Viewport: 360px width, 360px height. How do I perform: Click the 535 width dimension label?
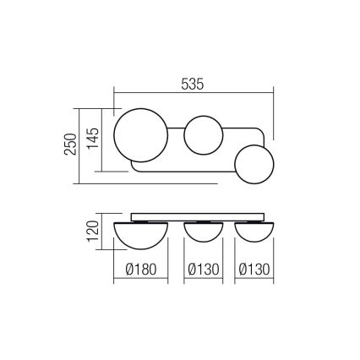(194, 83)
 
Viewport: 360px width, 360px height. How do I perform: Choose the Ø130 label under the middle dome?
(203, 270)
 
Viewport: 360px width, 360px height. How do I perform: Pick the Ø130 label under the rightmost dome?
(254, 270)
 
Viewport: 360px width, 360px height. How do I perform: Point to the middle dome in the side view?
(203, 227)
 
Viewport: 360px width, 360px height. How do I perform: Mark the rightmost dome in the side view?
(254, 227)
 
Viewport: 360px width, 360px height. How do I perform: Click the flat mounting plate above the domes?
(199, 215)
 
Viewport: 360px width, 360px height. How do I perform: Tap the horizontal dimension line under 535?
(194, 95)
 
